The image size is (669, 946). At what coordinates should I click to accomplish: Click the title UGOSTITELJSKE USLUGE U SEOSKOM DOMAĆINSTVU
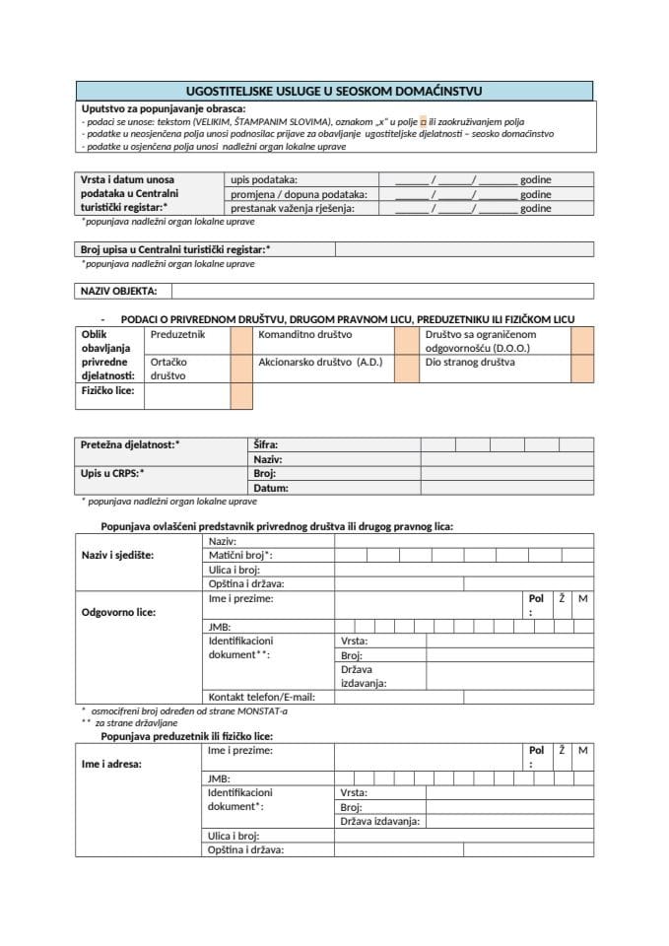pos(334,91)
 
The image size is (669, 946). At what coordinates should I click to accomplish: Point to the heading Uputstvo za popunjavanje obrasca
pos(164,108)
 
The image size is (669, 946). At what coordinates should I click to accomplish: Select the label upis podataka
pos(263,180)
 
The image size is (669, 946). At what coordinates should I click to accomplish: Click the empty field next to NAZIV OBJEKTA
pos(381,291)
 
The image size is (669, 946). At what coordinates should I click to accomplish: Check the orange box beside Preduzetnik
pos(241,341)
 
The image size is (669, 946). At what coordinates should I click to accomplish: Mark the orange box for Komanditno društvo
pos(406,341)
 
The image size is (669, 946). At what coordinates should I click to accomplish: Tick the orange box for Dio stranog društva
pos(581,369)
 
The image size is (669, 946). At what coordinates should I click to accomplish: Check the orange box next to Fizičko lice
pos(241,395)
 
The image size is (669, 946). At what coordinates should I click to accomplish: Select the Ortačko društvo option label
pos(168,369)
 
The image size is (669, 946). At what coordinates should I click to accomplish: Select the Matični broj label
pos(240,555)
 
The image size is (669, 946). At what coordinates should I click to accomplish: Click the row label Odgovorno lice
pos(118,612)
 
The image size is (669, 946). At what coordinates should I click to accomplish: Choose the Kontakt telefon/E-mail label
pos(254,697)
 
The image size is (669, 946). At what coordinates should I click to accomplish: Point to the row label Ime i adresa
pos(111,763)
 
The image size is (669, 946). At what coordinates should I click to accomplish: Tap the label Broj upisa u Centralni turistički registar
pos(175,249)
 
